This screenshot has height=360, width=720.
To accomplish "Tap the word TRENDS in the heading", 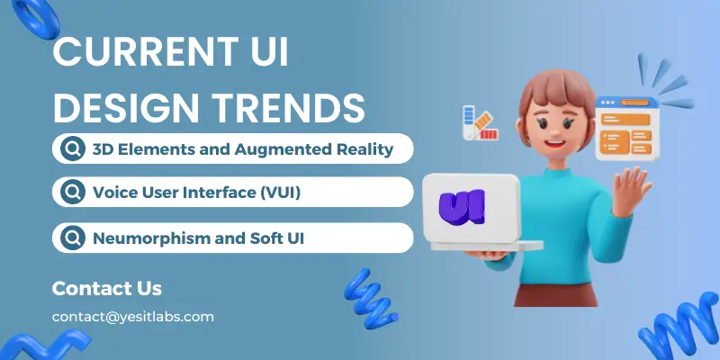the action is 291,108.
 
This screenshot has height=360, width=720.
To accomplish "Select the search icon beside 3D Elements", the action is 73,148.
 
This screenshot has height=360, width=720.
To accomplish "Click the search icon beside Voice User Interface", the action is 73,192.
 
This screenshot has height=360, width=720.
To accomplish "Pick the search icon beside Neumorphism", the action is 73,238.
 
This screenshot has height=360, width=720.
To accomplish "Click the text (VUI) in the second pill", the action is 280,193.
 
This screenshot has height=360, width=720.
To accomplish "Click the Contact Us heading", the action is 107,288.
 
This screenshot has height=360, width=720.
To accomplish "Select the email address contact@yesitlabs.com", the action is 132,317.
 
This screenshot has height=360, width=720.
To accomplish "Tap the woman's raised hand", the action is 631,191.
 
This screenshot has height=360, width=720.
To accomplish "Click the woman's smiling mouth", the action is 556,143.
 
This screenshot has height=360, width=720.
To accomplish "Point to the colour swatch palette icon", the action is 480,122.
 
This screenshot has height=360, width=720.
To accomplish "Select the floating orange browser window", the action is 627,129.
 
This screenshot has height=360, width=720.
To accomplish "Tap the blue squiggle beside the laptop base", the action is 370,299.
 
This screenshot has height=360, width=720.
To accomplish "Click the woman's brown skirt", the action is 555,294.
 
